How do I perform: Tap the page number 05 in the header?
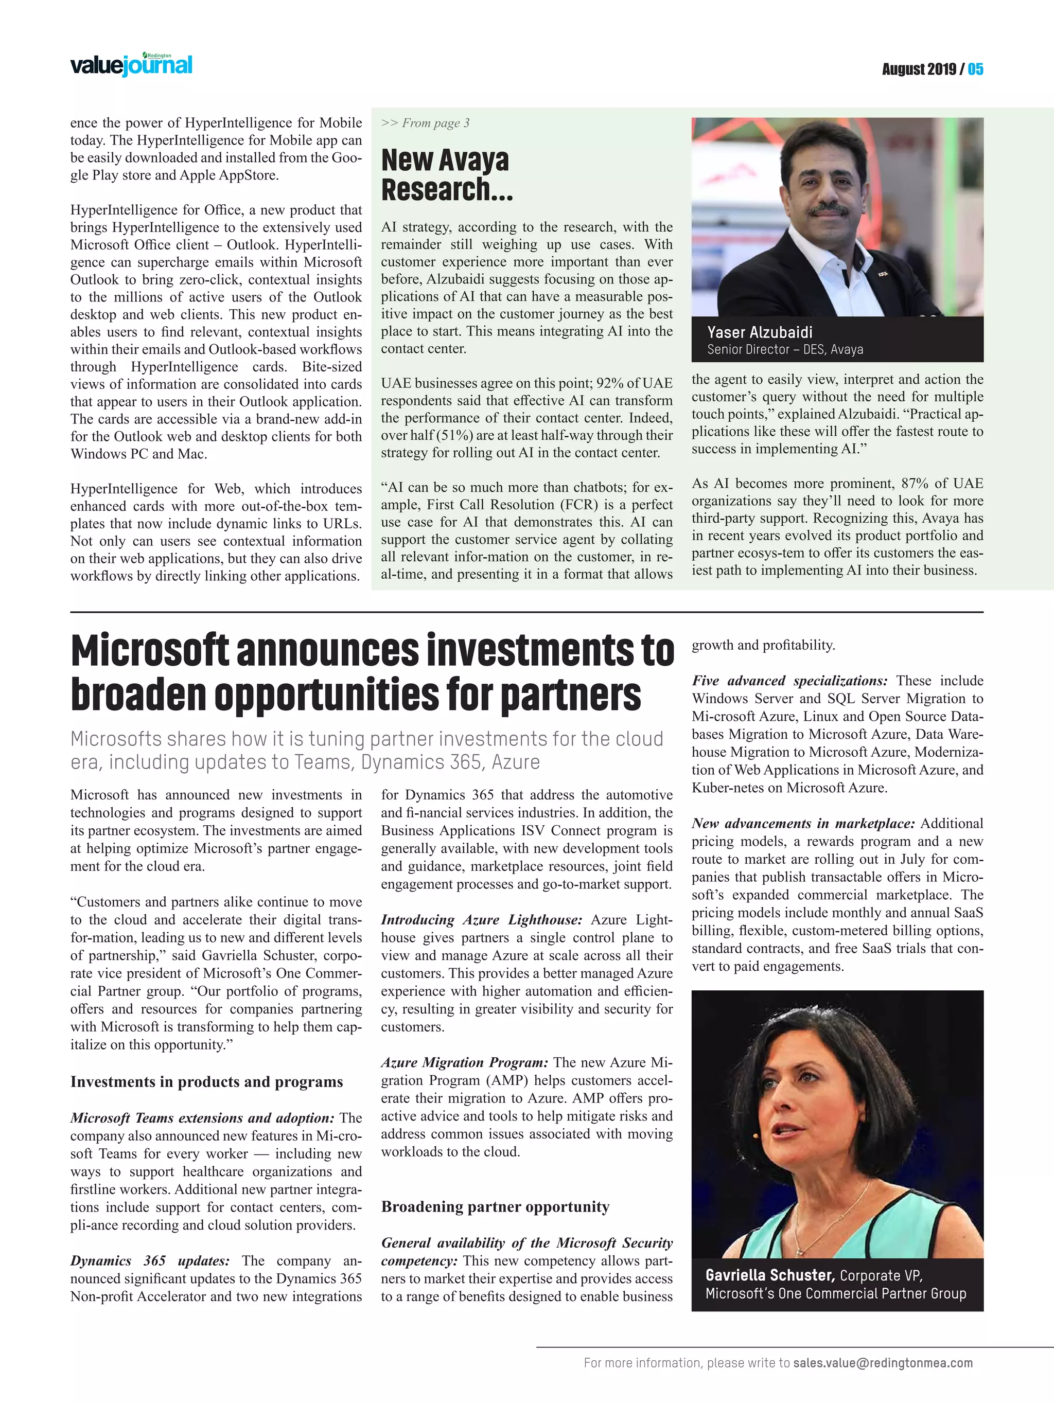point(975,69)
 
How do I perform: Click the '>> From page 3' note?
point(425,123)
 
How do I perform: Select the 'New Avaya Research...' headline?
point(446,175)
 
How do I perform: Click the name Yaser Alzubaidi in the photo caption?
point(760,332)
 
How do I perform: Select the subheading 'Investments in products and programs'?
point(206,1082)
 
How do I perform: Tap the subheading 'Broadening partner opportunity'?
point(495,1207)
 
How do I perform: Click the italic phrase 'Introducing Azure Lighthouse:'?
point(481,920)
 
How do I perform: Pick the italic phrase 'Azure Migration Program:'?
point(464,1063)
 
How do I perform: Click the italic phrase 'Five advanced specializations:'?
point(789,681)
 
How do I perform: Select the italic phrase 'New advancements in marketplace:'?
point(803,824)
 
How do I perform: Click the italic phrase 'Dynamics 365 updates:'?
point(150,1261)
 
